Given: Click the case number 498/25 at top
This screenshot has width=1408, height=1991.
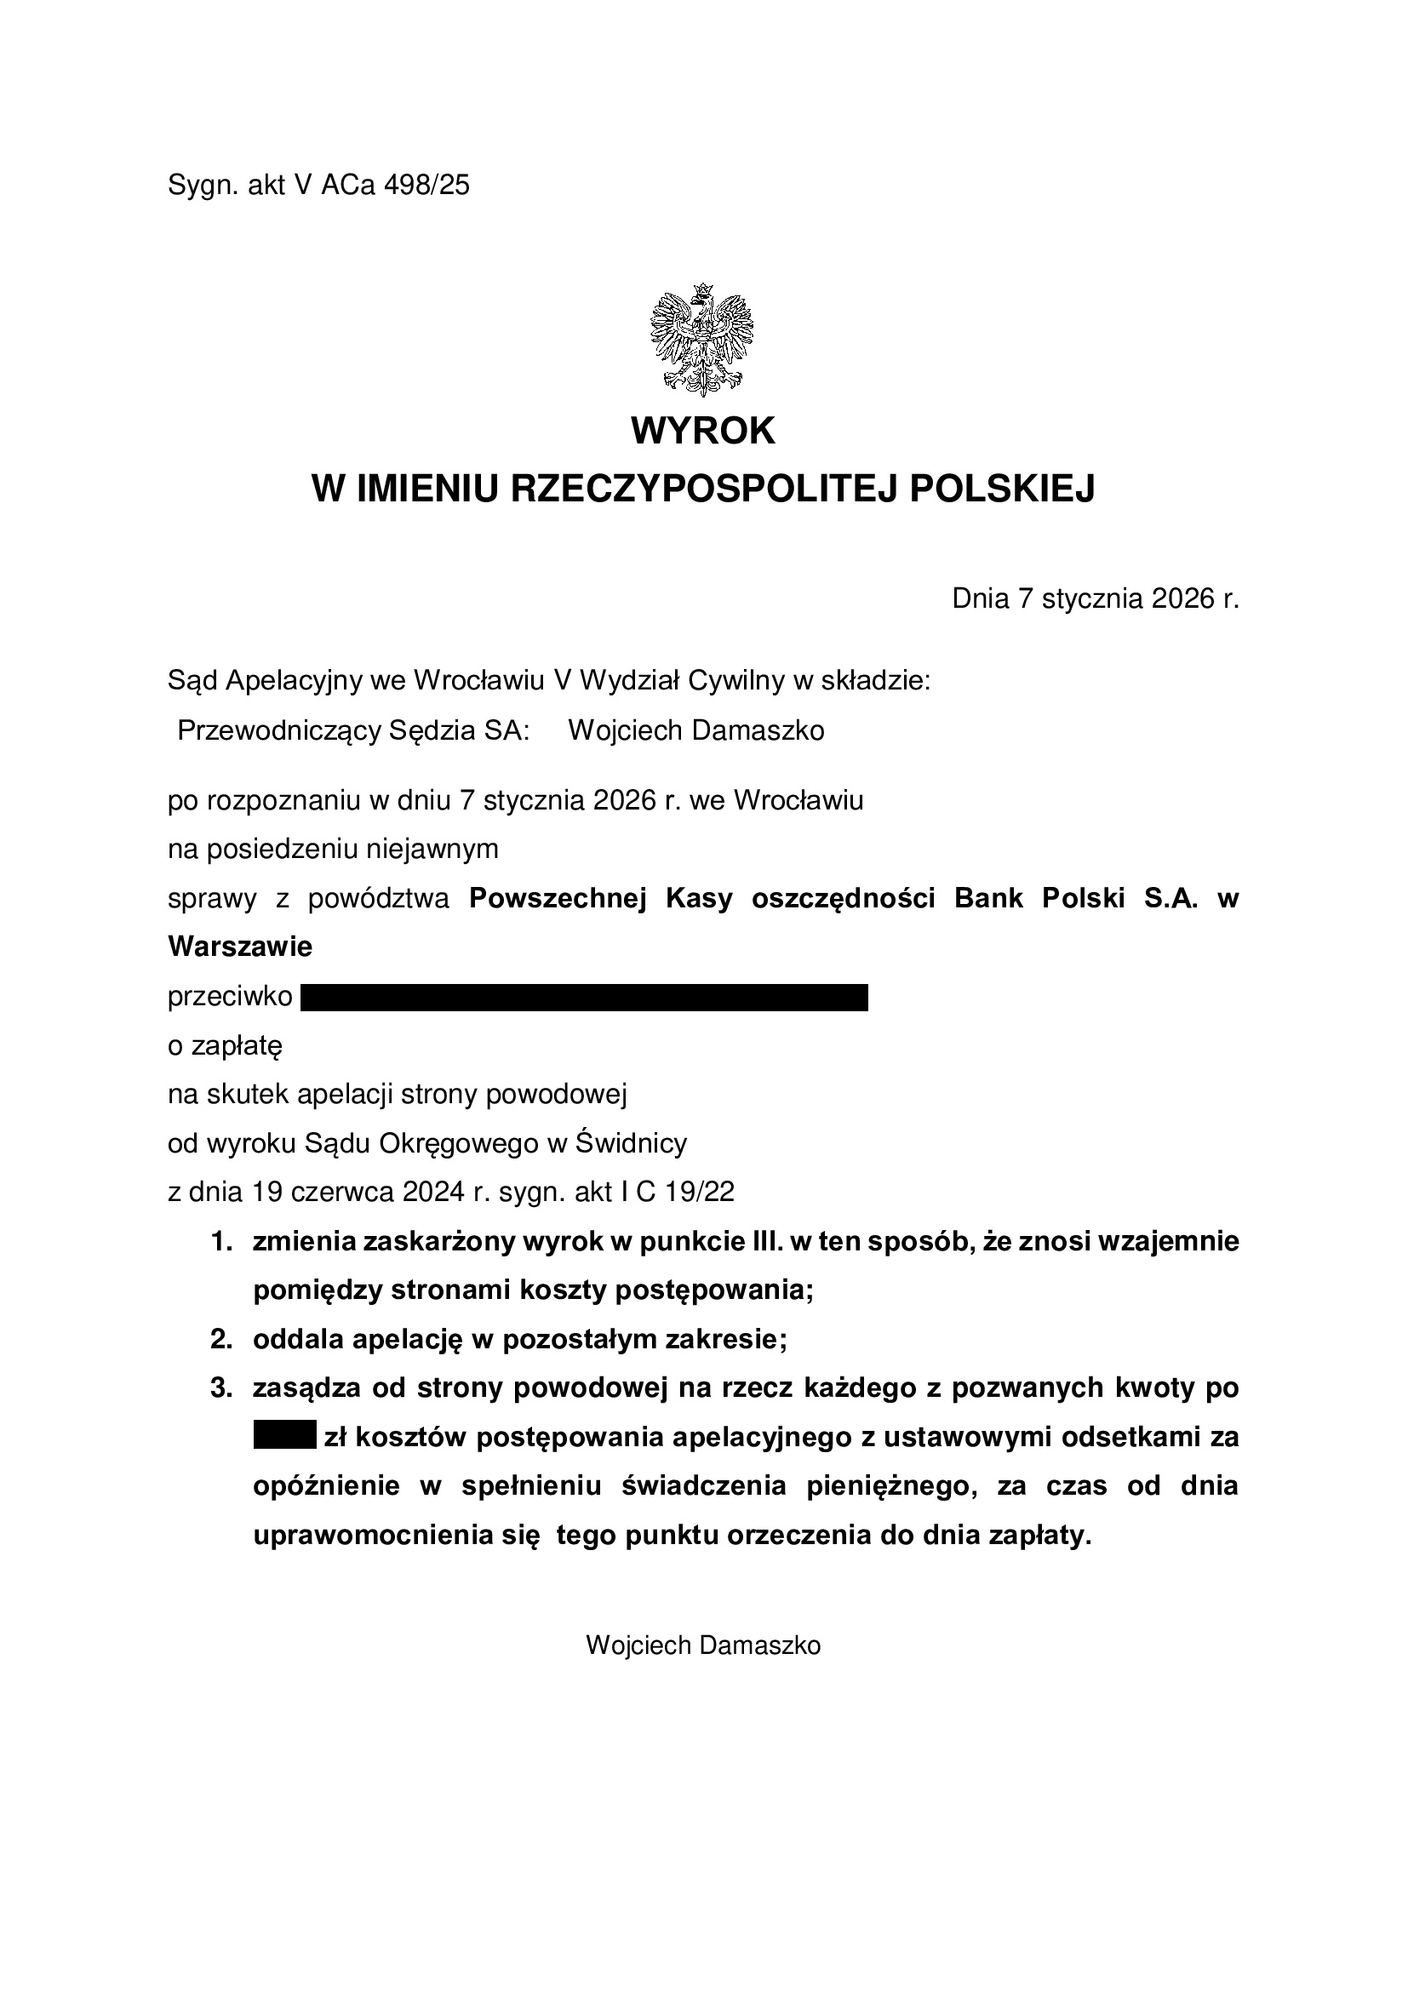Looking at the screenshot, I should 426,186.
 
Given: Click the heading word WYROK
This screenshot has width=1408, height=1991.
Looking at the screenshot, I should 703,431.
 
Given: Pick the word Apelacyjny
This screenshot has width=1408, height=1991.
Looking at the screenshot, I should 293,681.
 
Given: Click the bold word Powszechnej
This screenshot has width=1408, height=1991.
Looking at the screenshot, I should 558,898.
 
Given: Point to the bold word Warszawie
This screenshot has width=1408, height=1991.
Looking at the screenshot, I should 239,946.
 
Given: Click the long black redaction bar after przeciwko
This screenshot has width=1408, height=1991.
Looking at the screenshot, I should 584,998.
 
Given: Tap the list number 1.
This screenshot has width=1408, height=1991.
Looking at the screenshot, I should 222,1242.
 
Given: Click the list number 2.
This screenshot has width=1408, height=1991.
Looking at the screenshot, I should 222,1340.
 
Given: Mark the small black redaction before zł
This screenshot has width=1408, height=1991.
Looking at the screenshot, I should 284,1438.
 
